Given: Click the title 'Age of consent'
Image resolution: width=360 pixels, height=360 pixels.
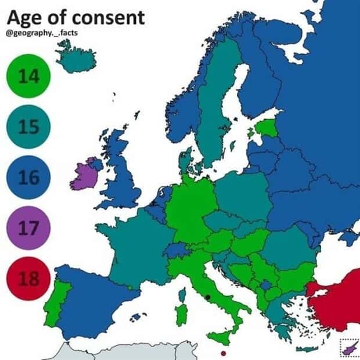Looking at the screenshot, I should tap(75, 17).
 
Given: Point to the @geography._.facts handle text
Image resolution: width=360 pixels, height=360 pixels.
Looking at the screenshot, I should tap(42, 33).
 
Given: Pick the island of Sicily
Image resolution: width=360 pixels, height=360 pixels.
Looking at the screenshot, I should tap(221, 336).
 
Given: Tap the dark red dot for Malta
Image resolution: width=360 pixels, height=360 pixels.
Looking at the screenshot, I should tap(224, 352).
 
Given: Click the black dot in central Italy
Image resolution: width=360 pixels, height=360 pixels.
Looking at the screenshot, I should tap(207, 297).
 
